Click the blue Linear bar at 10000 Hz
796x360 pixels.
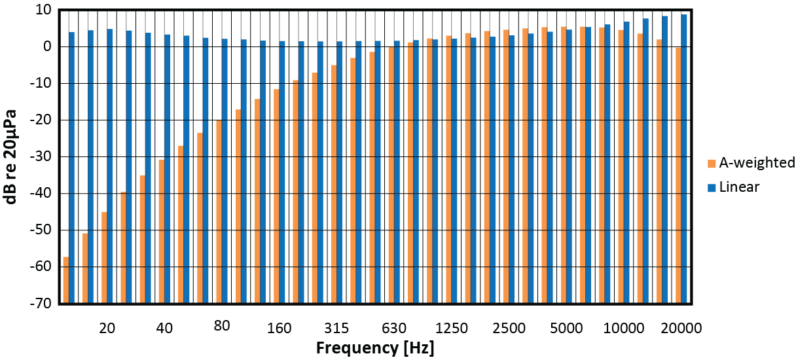coord(626,164)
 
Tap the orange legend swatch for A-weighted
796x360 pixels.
coord(712,164)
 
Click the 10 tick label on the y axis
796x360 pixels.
coord(44,10)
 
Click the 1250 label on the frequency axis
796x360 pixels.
coord(452,328)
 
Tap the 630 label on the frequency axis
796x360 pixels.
coord(394,328)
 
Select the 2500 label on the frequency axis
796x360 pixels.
coord(509,328)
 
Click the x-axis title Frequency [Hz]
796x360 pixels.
coord(375,347)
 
